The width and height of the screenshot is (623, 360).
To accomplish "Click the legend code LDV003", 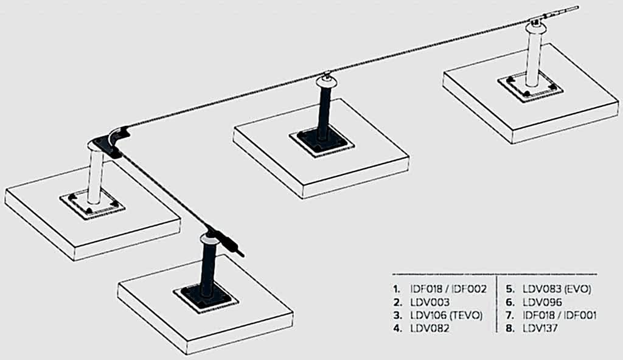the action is (x=430, y=302).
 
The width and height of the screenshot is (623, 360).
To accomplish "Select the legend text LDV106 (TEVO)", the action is (x=446, y=316).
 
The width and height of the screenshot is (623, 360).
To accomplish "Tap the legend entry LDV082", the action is (x=430, y=328).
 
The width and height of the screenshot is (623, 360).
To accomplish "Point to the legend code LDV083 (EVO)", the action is (x=557, y=289).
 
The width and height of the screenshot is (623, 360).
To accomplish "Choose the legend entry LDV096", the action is (x=542, y=302).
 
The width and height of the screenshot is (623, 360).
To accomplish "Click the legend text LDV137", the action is (x=540, y=328).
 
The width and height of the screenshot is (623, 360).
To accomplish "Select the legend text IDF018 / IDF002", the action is (x=448, y=289).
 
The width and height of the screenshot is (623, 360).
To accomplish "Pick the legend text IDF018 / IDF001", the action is (x=560, y=316).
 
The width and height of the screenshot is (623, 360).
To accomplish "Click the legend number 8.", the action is (x=510, y=328).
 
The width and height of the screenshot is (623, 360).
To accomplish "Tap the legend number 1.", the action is (x=397, y=289).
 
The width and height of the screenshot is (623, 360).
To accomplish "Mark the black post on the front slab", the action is (x=208, y=268).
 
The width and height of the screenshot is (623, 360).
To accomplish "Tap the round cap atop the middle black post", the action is (x=327, y=82).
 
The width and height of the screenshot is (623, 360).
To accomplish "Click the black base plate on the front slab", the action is (x=206, y=297).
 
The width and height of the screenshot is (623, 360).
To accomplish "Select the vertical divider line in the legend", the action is (x=496, y=303).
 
